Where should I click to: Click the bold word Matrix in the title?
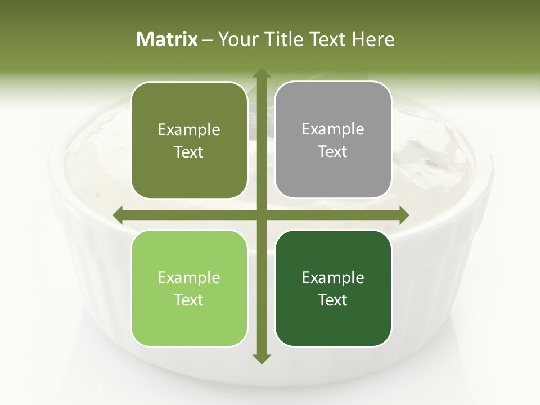[x=167, y=39]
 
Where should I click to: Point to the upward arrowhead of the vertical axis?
[x=261, y=73]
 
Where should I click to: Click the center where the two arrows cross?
[x=261, y=215]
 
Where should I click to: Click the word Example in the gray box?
[x=333, y=129]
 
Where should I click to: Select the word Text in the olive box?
[x=189, y=152]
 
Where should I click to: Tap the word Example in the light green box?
[x=189, y=278]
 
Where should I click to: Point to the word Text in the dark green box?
[x=333, y=300]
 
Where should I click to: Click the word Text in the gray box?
[x=333, y=151]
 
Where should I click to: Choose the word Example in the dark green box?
[x=333, y=278]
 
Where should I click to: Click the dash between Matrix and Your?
[x=208, y=40]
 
